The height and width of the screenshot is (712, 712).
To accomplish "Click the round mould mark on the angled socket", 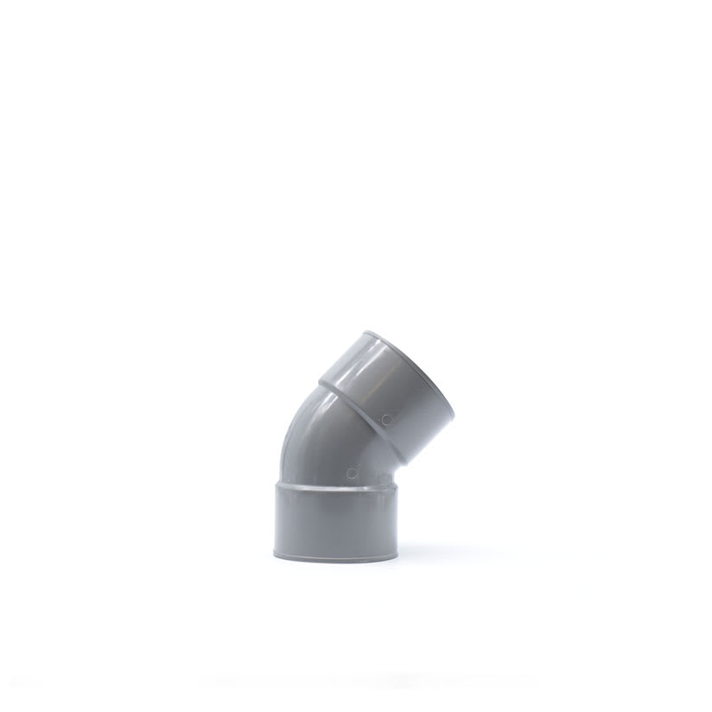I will (x=386, y=419).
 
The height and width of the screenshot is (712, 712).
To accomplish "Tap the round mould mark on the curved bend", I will (x=351, y=473).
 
